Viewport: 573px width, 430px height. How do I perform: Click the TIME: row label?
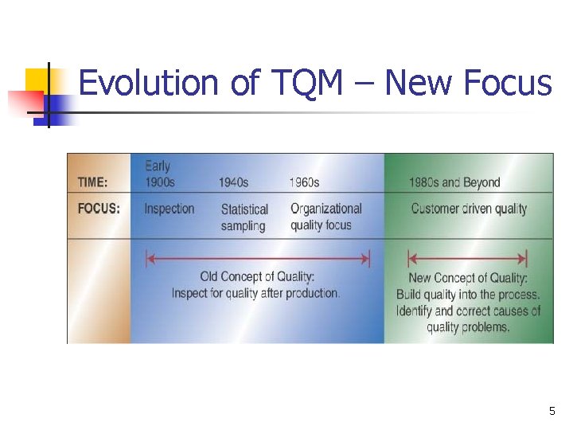click(x=93, y=182)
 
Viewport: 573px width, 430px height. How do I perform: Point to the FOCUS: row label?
click(x=99, y=209)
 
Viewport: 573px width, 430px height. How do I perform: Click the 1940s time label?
click(x=233, y=182)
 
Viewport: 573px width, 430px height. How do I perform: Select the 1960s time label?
click(x=304, y=182)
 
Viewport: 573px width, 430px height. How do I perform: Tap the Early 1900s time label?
click(x=159, y=174)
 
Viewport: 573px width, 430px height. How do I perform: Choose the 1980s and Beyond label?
click(x=454, y=182)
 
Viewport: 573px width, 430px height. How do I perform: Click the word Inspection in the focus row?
click(x=169, y=209)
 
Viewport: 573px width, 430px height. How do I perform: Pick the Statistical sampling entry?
click(x=244, y=217)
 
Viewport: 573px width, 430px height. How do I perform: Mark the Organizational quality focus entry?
click(x=325, y=217)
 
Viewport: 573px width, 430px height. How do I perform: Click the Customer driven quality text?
click(x=469, y=209)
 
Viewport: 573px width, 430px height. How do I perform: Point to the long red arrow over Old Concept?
click(x=257, y=259)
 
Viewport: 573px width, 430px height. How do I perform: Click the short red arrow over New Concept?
click(x=467, y=259)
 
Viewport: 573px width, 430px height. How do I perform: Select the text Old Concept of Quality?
click(x=257, y=277)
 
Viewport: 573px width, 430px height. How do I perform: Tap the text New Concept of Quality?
click(x=468, y=279)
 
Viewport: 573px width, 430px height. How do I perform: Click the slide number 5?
click(x=552, y=411)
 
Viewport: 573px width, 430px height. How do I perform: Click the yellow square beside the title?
click(x=37, y=80)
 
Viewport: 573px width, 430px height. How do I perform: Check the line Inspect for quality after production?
click(x=255, y=293)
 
